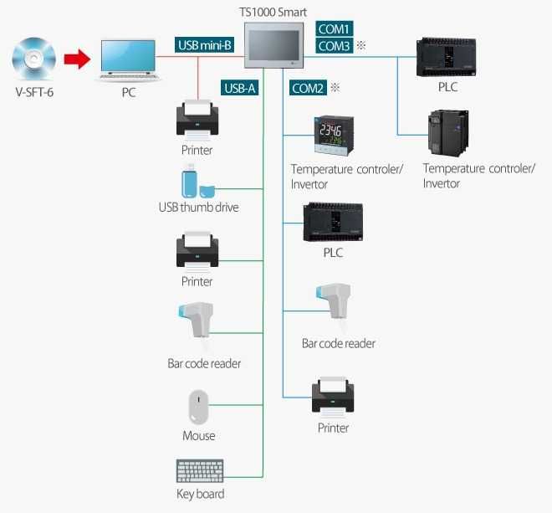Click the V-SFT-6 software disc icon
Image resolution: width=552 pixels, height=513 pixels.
tap(35, 59)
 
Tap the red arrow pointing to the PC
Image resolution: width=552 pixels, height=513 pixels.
tap(77, 59)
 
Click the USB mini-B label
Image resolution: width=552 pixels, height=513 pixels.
tap(205, 44)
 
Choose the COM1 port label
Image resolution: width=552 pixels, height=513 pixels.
tap(335, 28)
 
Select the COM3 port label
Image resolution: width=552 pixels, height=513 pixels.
tap(335, 47)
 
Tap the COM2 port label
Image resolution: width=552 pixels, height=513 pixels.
tap(308, 87)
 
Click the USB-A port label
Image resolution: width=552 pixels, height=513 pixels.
tap(240, 87)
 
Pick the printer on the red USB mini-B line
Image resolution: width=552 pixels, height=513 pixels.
tap(197, 119)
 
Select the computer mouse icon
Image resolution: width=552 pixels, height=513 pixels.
tap(198, 407)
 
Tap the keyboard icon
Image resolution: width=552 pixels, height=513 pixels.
tap(200, 471)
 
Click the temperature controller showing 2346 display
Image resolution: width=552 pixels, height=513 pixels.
tap(333, 135)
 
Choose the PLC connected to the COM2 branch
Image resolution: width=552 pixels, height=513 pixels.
tap(332, 222)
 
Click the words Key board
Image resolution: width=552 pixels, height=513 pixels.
tap(200, 494)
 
